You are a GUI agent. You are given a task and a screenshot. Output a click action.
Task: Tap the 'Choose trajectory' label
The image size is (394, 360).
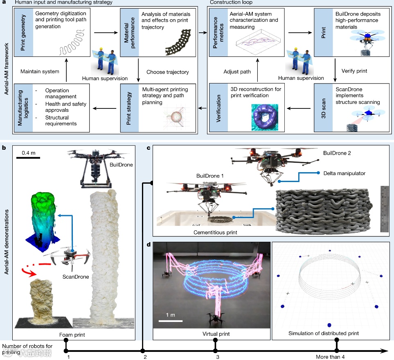[x=168, y=72]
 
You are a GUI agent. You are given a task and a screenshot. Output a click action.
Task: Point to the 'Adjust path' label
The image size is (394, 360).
[x=237, y=72]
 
